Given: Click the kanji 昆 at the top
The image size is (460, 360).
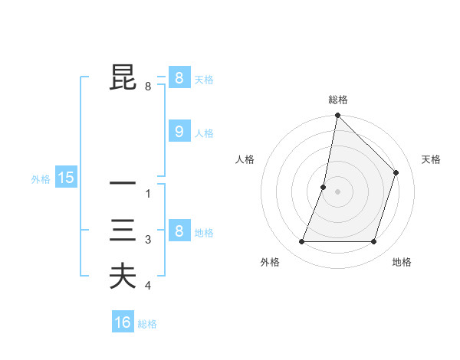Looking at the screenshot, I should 123,78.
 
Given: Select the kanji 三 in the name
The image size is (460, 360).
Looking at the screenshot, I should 123,231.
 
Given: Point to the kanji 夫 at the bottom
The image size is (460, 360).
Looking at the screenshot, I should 123,277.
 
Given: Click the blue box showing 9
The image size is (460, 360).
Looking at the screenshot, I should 179,132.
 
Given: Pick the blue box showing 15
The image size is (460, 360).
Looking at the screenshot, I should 66,178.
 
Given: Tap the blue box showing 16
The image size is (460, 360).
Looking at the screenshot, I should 123,322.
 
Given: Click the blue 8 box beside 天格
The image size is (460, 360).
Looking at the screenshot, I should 179,78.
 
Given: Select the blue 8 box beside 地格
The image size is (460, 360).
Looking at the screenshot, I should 179,231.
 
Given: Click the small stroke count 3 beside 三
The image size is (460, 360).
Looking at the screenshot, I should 148,241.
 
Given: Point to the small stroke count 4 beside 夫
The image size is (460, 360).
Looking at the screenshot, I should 148,286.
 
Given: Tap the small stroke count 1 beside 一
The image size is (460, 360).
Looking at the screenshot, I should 148,194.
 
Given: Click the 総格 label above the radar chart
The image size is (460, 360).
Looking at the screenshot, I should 338,100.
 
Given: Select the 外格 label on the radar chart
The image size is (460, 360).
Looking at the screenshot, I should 270,262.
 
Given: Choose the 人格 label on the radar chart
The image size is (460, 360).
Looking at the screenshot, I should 245,159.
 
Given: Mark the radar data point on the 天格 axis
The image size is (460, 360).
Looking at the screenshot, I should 396,172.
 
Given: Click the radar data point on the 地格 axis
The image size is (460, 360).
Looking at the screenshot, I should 374,242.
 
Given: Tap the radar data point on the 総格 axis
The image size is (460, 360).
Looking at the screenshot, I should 337,116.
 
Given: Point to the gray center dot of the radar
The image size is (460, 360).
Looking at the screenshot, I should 337,191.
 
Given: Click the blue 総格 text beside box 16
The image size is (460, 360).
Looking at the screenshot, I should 147,324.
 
